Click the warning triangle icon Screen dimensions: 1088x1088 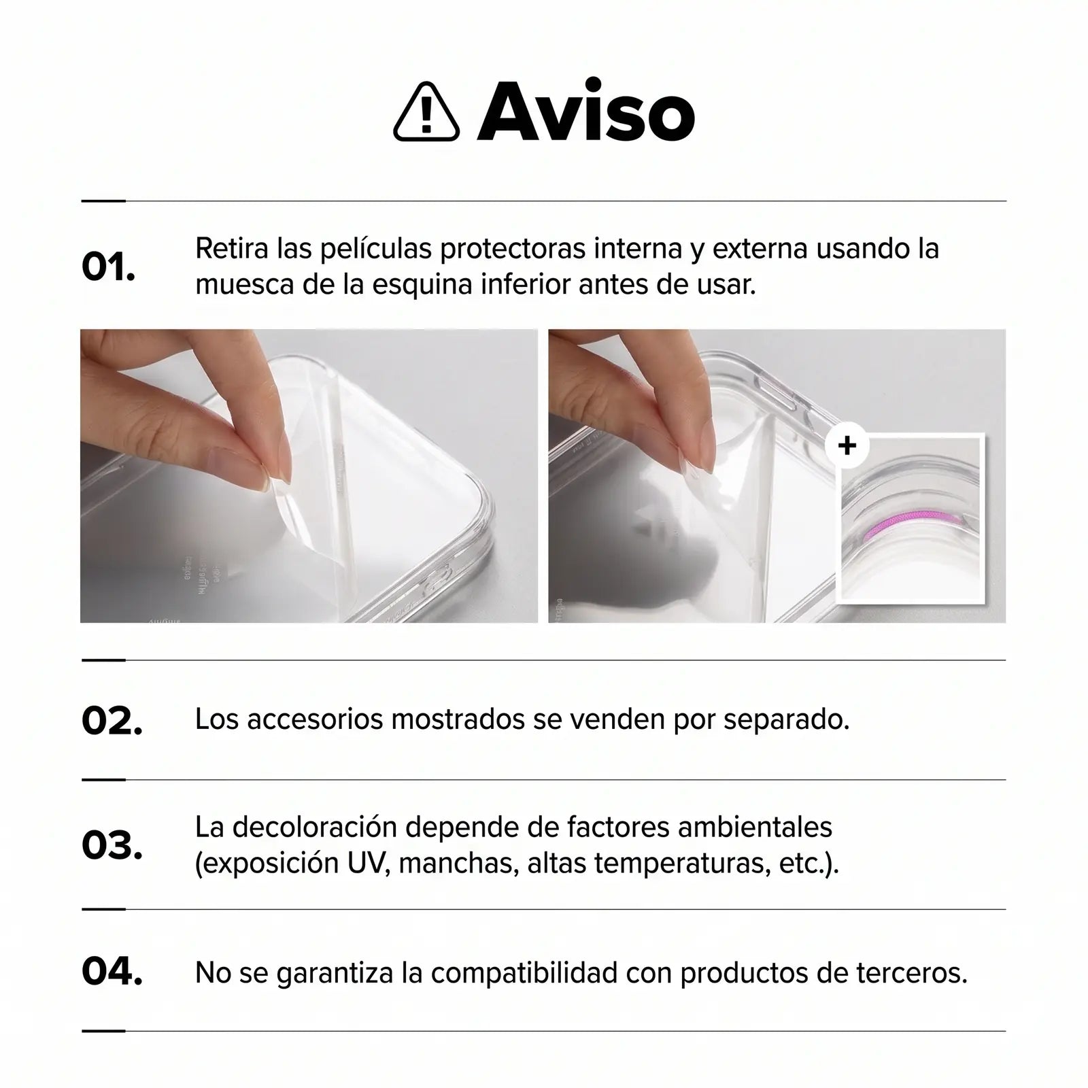(426, 112)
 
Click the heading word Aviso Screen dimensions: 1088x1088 (586, 111)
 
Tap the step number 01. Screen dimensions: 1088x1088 (108, 267)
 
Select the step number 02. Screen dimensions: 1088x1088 (112, 721)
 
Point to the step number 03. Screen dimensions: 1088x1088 (112, 845)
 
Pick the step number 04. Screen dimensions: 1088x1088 (112, 972)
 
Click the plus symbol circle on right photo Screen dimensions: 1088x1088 (847, 446)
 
